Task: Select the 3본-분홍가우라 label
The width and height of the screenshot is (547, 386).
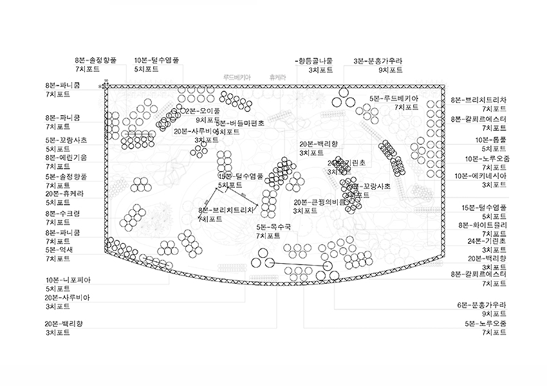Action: (378, 61)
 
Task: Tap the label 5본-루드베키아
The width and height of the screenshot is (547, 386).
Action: (394, 98)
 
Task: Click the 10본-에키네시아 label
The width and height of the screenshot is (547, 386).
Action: (482, 176)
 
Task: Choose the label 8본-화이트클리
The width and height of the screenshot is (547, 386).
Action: (483, 225)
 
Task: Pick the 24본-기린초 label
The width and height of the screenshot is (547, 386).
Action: (487, 241)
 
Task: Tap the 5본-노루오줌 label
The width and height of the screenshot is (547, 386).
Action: (485, 323)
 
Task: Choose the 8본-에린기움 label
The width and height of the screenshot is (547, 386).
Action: (66, 157)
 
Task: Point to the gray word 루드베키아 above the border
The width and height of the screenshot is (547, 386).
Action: (237, 77)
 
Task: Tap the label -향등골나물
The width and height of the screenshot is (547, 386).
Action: (314, 61)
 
